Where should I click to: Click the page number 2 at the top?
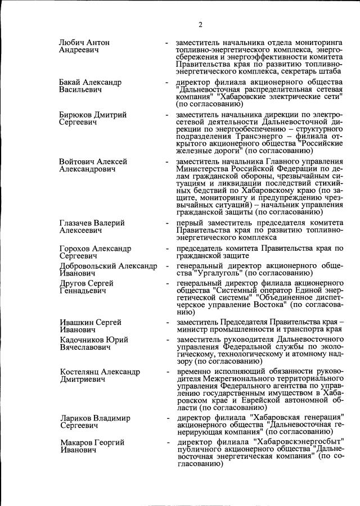point(200,24)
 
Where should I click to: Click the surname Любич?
point(72,43)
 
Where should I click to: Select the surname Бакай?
point(71,83)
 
